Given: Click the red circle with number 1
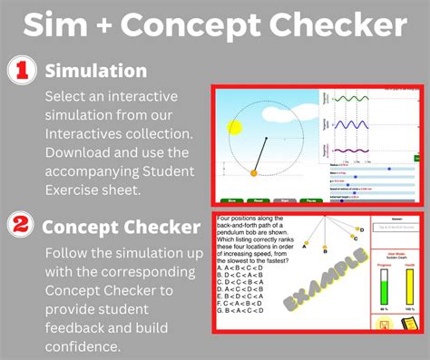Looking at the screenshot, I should [22, 70].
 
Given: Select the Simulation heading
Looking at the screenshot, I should [96, 70].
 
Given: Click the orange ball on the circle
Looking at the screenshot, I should [254, 172].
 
